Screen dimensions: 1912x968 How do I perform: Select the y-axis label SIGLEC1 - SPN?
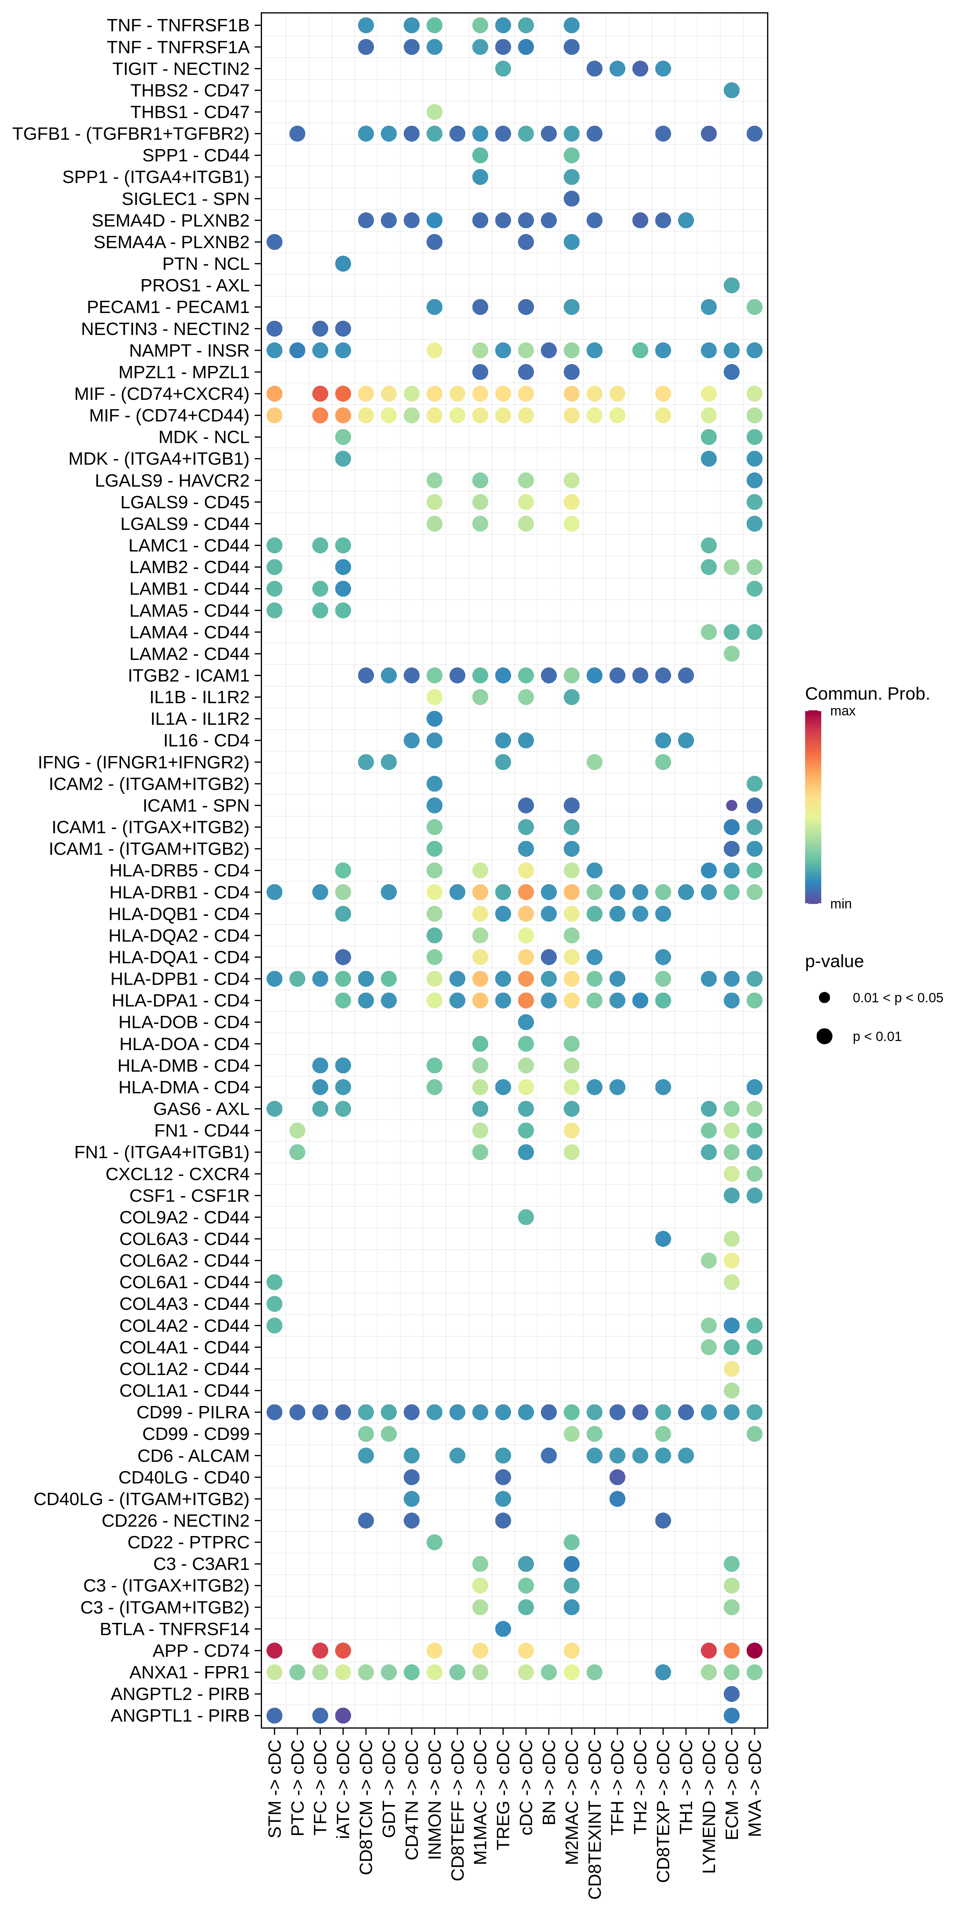point(186,199)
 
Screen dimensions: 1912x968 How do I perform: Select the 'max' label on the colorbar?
point(842,711)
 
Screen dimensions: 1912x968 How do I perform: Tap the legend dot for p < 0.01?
point(824,1036)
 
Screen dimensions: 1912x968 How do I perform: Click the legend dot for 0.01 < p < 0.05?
point(824,997)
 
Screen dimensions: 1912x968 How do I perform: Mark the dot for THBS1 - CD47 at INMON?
point(434,112)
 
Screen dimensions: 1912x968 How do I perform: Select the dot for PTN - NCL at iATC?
point(343,264)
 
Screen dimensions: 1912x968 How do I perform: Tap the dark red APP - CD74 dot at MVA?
point(754,1651)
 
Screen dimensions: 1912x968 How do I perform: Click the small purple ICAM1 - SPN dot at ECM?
point(731,805)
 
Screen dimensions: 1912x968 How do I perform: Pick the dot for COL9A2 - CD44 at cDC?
point(526,1217)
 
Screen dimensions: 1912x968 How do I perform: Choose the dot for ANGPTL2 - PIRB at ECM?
point(731,1694)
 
